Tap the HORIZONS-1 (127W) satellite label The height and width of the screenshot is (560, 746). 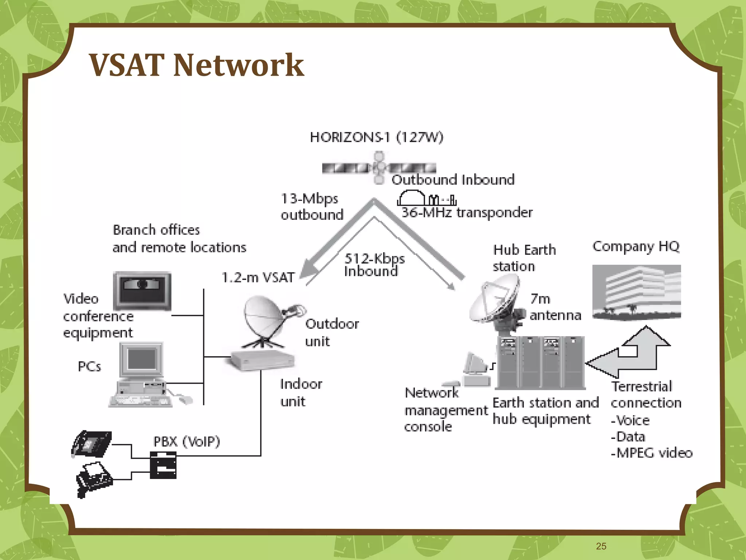click(376, 137)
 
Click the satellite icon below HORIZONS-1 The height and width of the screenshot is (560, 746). click(379, 168)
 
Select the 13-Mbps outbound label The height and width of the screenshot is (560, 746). click(311, 207)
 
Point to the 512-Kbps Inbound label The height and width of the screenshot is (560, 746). click(374, 265)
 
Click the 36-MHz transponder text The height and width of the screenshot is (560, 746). click(467, 212)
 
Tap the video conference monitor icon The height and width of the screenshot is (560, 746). click(142, 291)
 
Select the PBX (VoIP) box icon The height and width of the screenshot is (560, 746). click(163, 465)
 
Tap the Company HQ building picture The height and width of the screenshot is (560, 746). click(636, 292)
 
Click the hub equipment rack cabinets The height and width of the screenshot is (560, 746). click(541, 363)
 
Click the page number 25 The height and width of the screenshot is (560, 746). click(601, 546)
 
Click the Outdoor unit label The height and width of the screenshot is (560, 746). click(331, 332)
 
